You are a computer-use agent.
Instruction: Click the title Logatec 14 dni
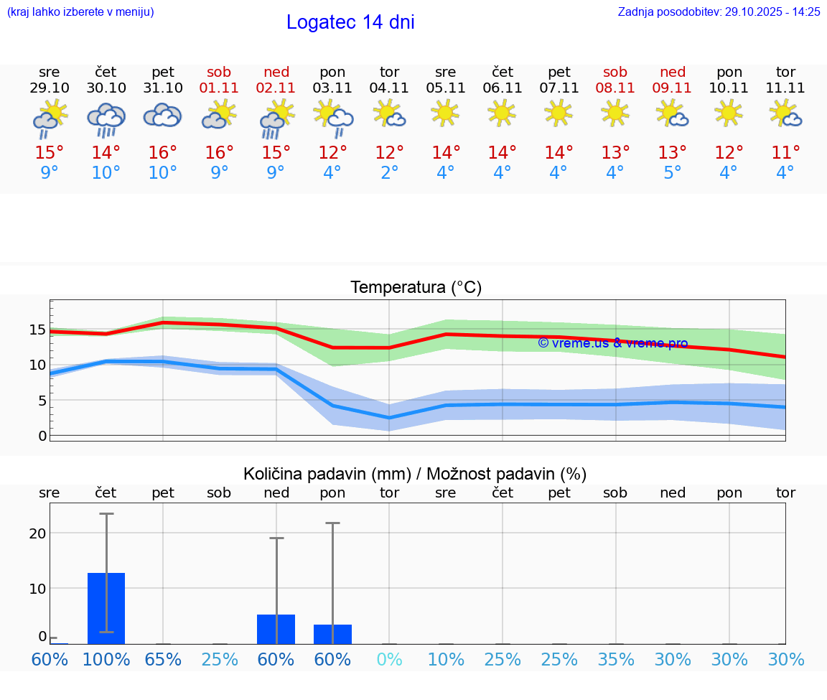click(350, 22)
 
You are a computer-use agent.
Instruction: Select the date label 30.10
click(106, 88)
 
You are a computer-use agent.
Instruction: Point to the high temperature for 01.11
click(220, 153)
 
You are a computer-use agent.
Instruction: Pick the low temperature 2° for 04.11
click(390, 173)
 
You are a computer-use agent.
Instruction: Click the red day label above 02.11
click(276, 72)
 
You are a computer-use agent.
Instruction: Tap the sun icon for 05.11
click(446, 113)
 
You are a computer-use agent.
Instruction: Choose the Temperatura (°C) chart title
click(416, 288)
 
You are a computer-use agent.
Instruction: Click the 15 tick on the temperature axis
click(37, 330)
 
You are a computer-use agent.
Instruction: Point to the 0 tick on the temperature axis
click(42, 436)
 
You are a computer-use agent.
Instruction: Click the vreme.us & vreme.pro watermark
click(612, 343)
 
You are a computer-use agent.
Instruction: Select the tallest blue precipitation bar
click(106, 608)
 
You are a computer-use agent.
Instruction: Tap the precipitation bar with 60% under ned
click(276, 629)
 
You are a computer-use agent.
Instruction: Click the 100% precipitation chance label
click(106, 660)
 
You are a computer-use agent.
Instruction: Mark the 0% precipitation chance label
click(390, 660)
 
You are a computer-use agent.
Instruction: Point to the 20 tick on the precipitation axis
click(37, 533)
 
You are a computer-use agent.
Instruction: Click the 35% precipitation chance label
click(616, 660)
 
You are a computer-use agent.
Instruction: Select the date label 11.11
click(785, 88)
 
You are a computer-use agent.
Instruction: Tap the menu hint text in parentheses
click(80, 12)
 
